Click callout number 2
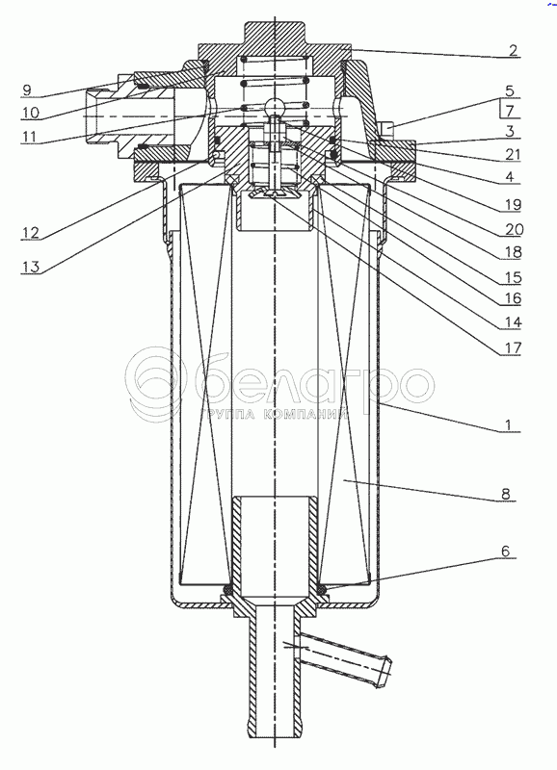(x=513, y=50)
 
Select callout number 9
(x=27, y=90)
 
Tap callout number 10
(x=30, y=113)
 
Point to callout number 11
(x=30, y=136)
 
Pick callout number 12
(x=30, y=232)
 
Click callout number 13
(x=30, y=267)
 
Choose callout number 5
(x=510, y=90)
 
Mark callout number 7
(x=510, y=111)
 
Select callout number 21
(x=513, y=155)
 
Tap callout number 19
(x=513, y=204)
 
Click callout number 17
(x=513, y=348)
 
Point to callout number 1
(x=510, y=424)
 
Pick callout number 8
(x=506, y=494)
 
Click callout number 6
(x=506, y=551)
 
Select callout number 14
(x=513, y=322)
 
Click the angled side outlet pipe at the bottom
(x=344, y=659)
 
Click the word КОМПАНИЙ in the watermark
(x=305, y=416)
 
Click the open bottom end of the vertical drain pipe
(x=275, y=735)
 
